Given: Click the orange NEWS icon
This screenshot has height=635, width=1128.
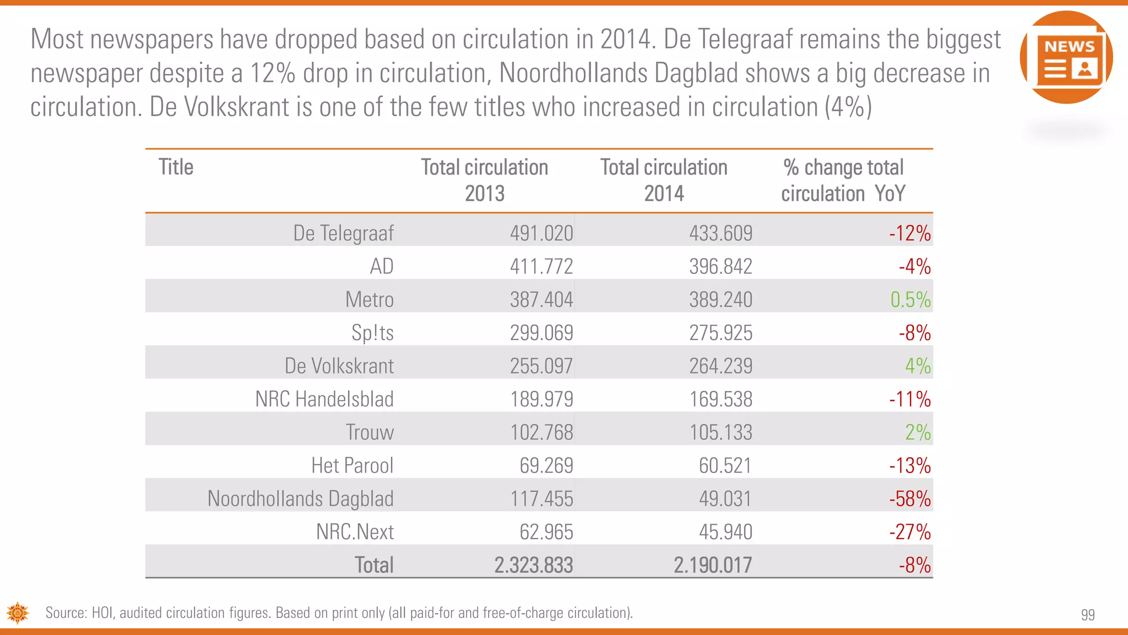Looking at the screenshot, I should [x=1066, y=57].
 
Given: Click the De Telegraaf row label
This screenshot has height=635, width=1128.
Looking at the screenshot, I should [x=343, y=233].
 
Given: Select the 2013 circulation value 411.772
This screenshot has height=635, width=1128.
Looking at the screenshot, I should [x=541, y=267].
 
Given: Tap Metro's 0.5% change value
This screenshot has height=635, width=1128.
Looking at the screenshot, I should [x=910, y=300].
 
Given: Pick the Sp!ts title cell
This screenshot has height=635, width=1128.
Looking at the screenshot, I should [x=372, y=333].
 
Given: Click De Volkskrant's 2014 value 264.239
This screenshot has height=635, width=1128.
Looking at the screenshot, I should [x=720, y=366].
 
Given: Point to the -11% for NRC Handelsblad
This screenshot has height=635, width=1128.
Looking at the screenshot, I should [x=909, y=399].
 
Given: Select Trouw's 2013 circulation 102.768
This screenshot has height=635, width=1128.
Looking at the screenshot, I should [x=541, y=432].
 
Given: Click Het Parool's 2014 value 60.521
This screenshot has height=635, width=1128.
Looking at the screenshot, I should [x=725, y=466].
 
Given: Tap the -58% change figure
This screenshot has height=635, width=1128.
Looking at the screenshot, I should [x=909, y=499].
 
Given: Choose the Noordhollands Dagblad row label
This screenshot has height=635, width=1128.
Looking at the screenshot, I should [x=300, y=499].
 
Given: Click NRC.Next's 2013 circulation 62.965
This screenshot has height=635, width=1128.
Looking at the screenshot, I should [x=546, y=532].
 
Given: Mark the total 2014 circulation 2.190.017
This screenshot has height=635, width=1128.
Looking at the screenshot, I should [x=713, y=565].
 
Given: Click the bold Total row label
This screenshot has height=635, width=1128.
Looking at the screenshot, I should [x=373, y=565].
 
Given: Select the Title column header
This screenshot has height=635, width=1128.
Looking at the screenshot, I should [x=176, y=167].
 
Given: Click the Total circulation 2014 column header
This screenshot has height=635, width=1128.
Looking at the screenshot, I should [x=664, y=180].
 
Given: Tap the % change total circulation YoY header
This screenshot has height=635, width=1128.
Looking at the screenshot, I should [x=843, y=180].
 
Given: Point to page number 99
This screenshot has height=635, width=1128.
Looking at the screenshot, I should [x=1087, y=615].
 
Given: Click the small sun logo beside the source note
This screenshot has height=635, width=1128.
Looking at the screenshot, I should [x=18, y=613].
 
